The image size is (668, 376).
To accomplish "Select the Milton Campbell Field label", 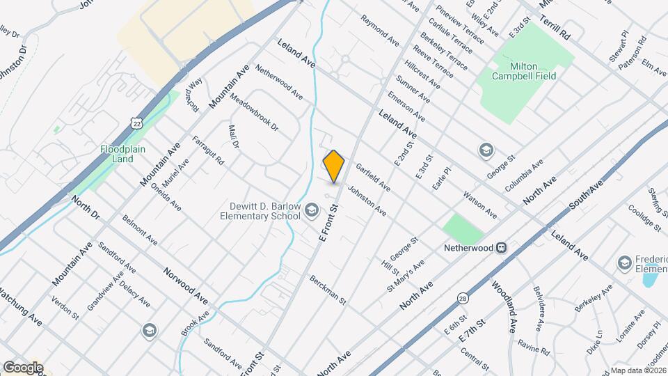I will pyautogui.click(x=523, y=71).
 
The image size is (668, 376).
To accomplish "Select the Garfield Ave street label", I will pyautogui.click(x=373, y=178).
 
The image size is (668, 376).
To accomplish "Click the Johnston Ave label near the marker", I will pyautogui.click(x=367, y=199).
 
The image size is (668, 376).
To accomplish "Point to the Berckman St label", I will pyautogui.click(x=328, y=287).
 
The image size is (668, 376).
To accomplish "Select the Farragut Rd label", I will pyautogui.click(x=208, y=150).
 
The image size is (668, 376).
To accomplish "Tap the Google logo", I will pyautogui.click(x=23, y=367).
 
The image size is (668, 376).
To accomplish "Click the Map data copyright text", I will pyautogui.click(x=638, y=370).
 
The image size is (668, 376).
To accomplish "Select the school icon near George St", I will pyautogui.click(x=486, y=150).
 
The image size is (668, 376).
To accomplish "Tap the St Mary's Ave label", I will pyautogui.click(x=405, y=276).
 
